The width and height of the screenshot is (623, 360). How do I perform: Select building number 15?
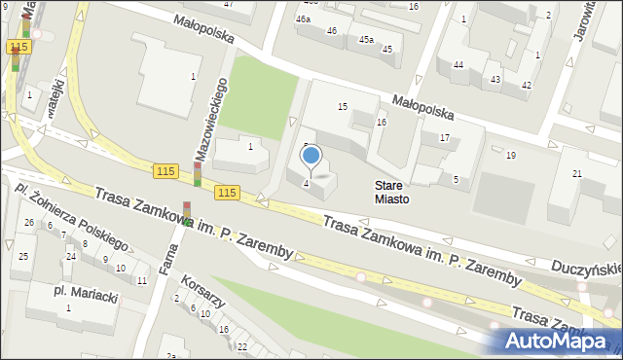(342, 106)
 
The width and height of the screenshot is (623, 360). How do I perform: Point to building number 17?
(444, 138)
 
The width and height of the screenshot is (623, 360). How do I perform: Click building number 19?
(510, 156)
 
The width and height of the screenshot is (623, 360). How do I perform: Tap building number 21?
(577, 173)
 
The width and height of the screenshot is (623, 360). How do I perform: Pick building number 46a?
(304, 18)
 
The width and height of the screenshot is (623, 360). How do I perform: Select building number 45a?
(365, 40)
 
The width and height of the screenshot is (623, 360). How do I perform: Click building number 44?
(458, 64)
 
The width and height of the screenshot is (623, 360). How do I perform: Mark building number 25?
(23, 255)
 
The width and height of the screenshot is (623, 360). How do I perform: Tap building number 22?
(241, 346)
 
